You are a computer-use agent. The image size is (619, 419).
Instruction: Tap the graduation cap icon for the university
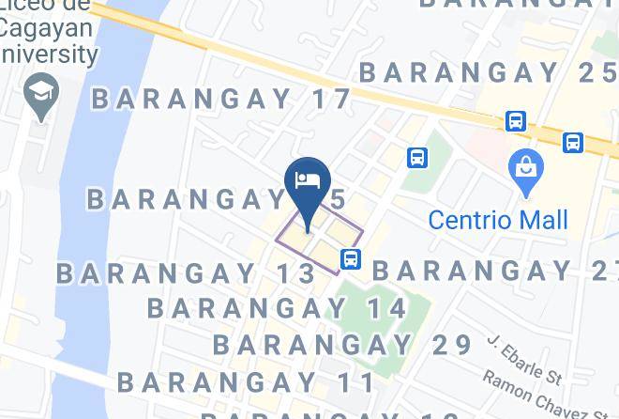(x=43, y=96)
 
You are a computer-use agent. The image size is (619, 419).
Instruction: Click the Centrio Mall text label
(x=498, y=220)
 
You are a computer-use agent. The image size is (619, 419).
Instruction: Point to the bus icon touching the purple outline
(x=350, y=258)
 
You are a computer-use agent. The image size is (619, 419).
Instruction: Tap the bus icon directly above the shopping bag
(x=515, y=121)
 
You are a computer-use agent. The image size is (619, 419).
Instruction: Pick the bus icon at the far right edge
(x=573, y=143)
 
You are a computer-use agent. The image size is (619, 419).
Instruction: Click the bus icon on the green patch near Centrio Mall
(x=416, y=158)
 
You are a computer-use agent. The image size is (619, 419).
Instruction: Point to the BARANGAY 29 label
(x=342, y=345)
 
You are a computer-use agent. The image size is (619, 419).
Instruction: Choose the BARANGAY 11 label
(x=246, y=382)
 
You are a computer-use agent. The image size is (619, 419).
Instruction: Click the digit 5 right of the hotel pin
(x=337, y=198)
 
